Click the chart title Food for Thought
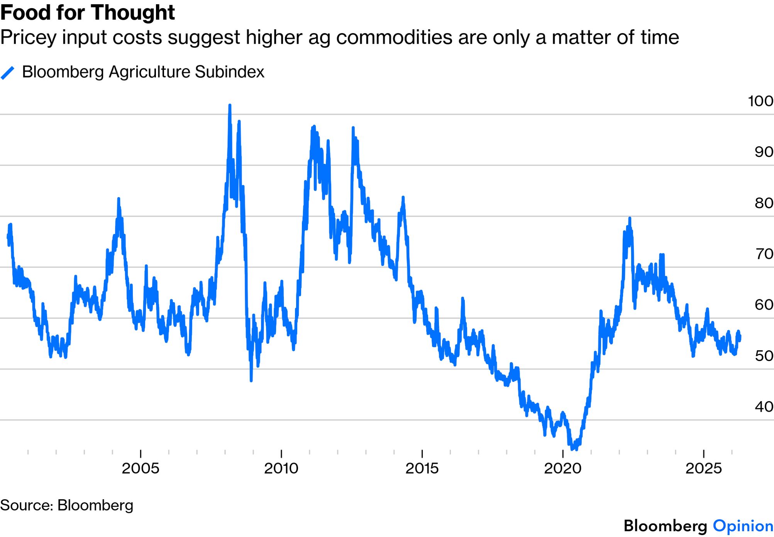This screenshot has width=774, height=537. pyautogui.click(x=88, y=13)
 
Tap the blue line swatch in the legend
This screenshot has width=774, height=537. pyautogui.click(x=8, y=73)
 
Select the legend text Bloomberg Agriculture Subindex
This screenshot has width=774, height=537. pyautogui.click(x=143, y=72)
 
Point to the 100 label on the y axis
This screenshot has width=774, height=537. pyautogui.click(x=760, y=101)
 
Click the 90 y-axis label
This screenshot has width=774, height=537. pyautogui.click(x=764, y=152)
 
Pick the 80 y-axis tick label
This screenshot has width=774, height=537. pyautogui.click(x=764, y=203)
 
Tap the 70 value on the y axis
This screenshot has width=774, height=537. pyautogui.click(x=764, y=254)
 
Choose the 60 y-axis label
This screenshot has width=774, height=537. pyautogui.click(x=764, y=305)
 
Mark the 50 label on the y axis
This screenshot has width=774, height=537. pyautogui.click(x=764, y=356)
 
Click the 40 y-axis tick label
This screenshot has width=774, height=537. pyautogui.click(x=764, y=407)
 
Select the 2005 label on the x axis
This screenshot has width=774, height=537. pyautogui.click(x=141, y=468)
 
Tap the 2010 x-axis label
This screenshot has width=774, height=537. pyautogui.click(x=281, y=468)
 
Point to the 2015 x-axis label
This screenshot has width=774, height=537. pyautogui.click(x=422, y=468)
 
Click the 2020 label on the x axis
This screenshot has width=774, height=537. pyautogui.click(x=563, y=468)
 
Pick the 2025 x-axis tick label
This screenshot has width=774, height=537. pyautogui.click(x=703, y=468)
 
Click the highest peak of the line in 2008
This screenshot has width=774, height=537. pyautogui.click(x=230, y=105)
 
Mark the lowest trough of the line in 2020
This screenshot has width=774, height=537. pyautogui.click(x=572, y=449)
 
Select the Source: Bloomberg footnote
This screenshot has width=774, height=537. pyautogui.click(x=67, y=505)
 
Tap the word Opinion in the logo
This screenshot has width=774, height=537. pyautogui.click(x=743, y=526)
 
